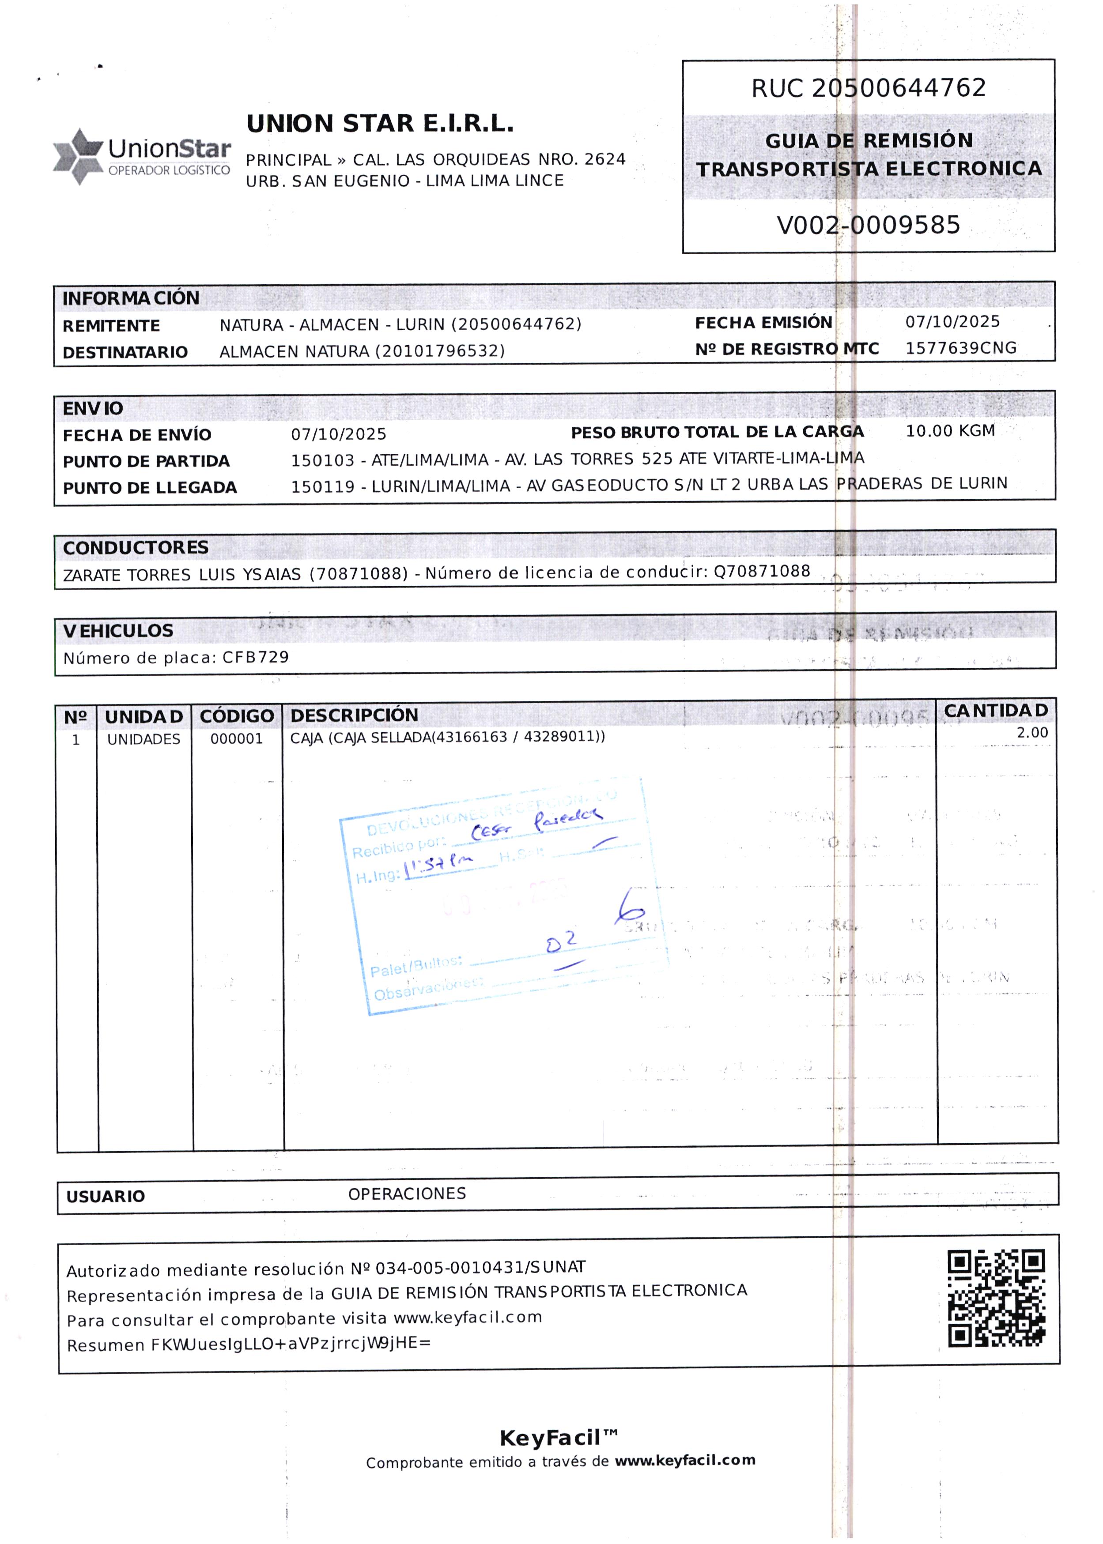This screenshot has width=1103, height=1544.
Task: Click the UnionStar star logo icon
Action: point(79,156)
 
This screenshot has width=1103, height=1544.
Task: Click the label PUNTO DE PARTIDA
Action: point(146,462)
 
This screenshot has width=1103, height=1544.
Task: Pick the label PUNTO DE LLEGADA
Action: point(149,488)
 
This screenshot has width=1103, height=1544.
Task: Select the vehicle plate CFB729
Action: point(255,657)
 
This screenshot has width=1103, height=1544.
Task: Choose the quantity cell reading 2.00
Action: point(1031,733)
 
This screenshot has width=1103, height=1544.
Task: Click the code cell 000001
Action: point(236,739)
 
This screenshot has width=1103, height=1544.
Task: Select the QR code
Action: point(997,1298)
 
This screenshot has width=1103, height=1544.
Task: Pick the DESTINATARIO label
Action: point(125,352)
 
